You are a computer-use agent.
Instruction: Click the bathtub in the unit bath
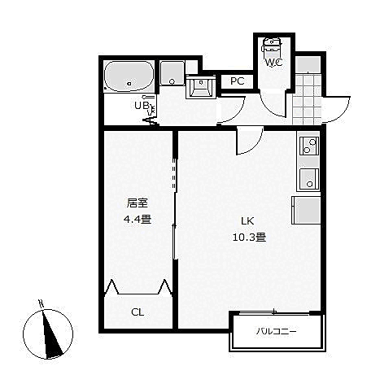pos(129,77)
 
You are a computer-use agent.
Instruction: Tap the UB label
pos(140,105)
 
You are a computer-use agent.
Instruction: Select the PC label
pos(237,81)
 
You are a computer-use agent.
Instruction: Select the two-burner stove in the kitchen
pos(309,146)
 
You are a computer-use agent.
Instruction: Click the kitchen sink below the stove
pos(309,177)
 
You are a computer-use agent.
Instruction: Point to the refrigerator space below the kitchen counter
pos(308,210)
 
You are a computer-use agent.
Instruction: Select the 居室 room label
pos(137,203)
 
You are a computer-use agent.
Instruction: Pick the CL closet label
pos(138,312)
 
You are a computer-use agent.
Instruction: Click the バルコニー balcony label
pos(277,331)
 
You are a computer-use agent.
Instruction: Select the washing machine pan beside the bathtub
pos(170,74)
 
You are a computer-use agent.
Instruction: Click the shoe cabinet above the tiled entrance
pos(308,65)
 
